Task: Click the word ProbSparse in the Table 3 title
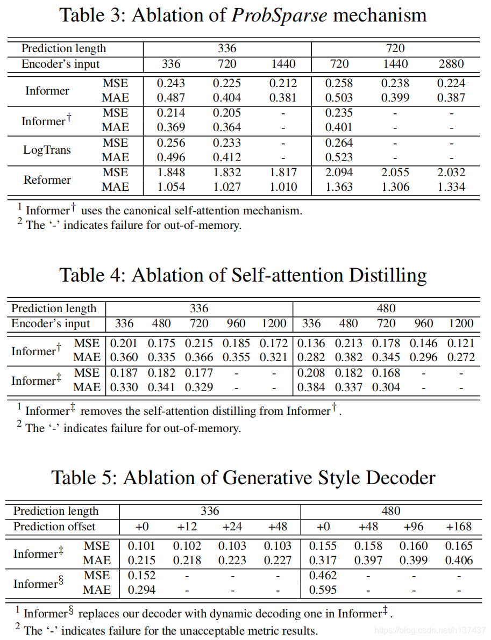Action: point(279,15)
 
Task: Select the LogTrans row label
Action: point(47,150)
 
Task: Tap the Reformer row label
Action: point(47,179)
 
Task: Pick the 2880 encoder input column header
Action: point(451,64)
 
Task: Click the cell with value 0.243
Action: point(170,83)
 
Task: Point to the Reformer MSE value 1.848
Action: point(170,172)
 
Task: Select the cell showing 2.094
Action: point(339,172)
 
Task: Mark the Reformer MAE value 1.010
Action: point(283,187)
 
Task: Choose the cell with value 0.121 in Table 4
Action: point(461,343)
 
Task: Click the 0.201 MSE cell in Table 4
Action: point(124,343)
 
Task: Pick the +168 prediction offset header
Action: point(459,527)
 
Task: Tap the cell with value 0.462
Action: point(323,576)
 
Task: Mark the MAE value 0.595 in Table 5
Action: point(323,590)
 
